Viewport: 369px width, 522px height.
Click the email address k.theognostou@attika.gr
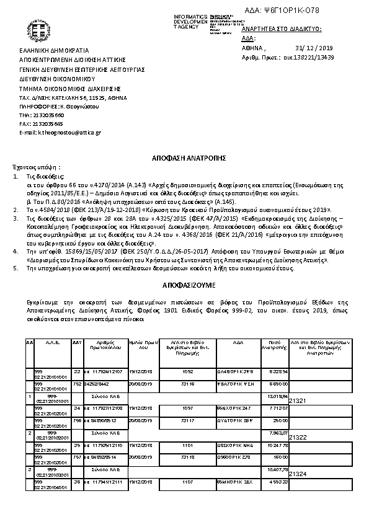51,133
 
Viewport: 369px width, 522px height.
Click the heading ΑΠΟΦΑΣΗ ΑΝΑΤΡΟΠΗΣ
184,158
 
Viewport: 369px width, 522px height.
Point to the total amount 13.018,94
277,395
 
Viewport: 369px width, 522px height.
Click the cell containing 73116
188,384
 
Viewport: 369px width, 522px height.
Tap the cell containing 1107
188,481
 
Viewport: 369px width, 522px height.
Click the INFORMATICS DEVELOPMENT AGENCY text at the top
190,21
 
